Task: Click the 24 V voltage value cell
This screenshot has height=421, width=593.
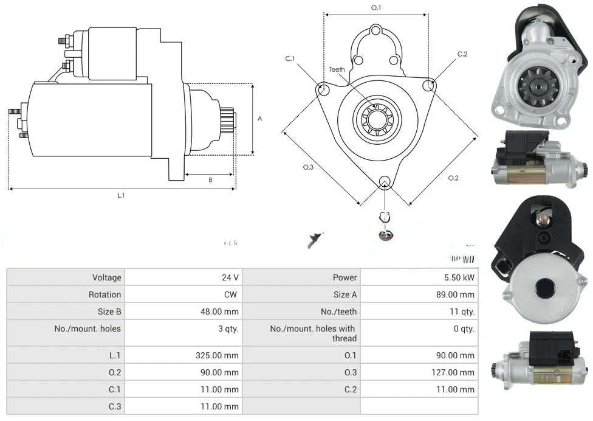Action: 230,277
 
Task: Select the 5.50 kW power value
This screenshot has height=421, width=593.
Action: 461,277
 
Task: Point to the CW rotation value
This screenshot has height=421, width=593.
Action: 232,294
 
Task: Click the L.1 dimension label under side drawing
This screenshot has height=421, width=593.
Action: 121,195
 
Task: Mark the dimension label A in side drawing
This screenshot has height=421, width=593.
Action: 259,119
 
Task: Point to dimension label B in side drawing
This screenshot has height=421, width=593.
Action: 210,179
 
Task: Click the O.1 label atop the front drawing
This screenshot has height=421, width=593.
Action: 376,8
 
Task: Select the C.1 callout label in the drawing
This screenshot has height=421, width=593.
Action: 290,58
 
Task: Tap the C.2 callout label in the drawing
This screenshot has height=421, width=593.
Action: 462,54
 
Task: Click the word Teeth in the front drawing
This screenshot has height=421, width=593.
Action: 337,69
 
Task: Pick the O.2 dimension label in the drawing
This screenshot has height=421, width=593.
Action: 453,178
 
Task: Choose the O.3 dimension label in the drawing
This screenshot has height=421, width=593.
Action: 308,167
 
